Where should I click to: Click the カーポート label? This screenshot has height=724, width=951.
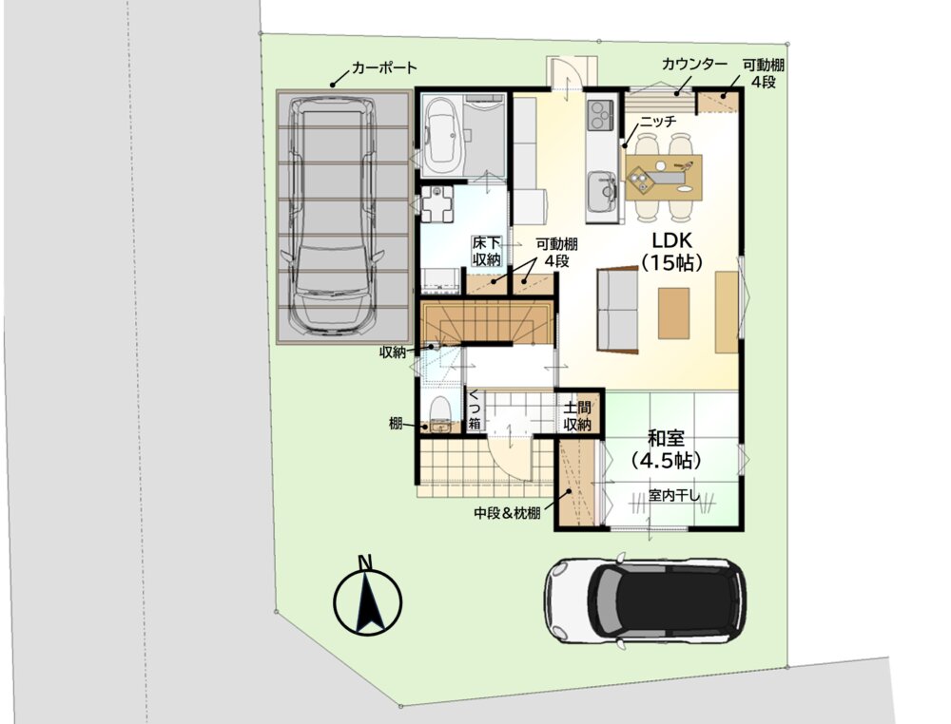[x=384, y=67]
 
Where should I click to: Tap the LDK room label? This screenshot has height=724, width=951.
[x=672, y=240]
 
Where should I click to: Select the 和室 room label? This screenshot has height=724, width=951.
[x=666, y=438]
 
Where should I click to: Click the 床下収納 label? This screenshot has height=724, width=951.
[x=486, y=252]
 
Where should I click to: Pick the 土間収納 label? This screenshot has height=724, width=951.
[x=577, y=415]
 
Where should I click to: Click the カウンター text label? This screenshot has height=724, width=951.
[x=695, y=65]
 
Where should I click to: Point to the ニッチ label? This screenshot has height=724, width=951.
[x=658, y=122]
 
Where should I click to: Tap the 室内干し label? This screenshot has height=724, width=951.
[x=674, y=496]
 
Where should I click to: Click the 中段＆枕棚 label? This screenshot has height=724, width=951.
[x=507, y=514]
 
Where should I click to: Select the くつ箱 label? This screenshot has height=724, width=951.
[x=475, y=410]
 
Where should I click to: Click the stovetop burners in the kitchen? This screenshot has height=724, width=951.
[x=600, y=115]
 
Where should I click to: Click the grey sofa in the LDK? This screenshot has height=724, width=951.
[x=617, y=310]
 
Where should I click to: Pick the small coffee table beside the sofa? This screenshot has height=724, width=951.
[x=674, y=313]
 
